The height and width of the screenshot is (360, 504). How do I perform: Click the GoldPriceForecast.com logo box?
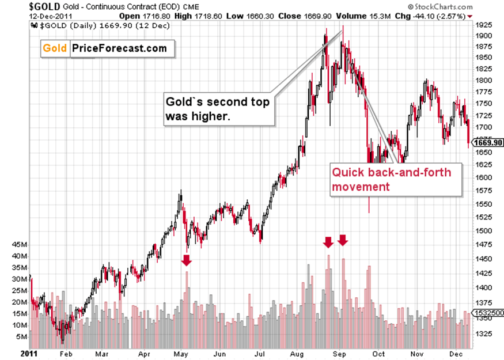107,49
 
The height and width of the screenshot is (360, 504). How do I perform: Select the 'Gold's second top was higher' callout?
218,108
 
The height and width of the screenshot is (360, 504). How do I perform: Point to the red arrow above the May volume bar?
186,260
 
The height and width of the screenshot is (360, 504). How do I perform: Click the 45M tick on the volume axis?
18,244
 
